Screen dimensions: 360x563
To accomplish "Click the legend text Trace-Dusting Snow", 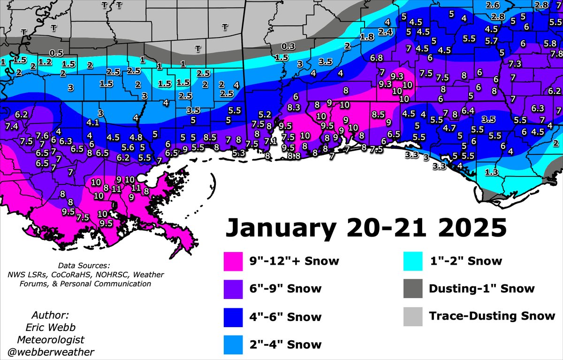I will coord(492,316).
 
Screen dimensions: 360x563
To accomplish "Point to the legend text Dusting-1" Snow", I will coord(481,289).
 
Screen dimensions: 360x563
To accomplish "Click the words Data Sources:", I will coord(84,265).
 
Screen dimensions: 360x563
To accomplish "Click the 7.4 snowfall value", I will coord(12,127).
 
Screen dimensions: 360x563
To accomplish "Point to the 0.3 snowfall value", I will coord(289,46).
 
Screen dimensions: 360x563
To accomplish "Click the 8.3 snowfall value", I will coord(294,107).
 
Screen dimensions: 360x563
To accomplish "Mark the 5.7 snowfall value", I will coord(491,41).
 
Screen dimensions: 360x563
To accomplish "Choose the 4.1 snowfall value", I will coord(93,123).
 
